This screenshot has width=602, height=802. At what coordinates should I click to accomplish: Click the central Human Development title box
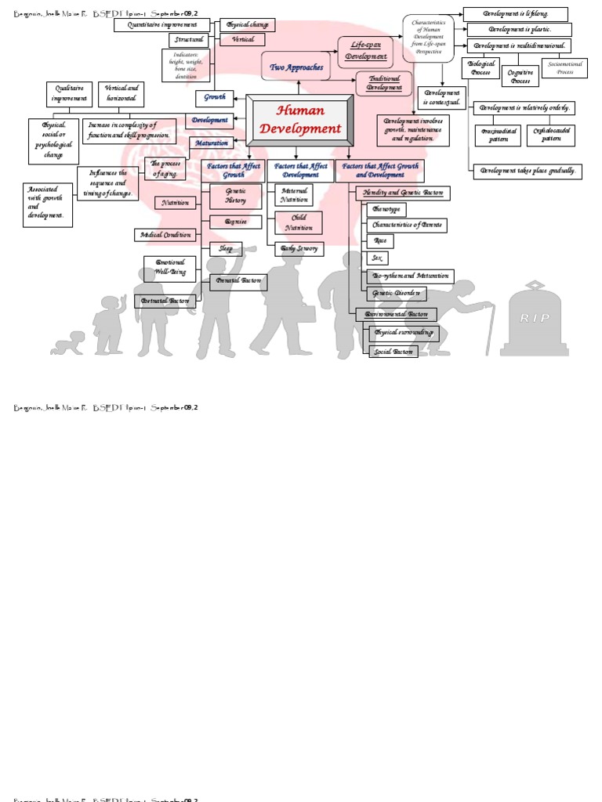[x=301, y=121]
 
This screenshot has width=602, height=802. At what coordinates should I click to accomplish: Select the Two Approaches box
[x=297, y=68]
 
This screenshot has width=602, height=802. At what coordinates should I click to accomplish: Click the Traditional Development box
[x=384, y=83]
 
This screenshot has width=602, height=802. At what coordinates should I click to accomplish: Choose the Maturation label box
[x=211, y=143]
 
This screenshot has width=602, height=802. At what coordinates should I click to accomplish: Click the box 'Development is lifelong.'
[x=515, y=13]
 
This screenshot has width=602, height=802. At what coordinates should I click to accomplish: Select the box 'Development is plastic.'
[x=519, y=30]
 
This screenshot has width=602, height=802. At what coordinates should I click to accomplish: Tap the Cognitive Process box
[x=520, y=76]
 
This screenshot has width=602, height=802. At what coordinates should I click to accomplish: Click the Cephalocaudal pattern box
[x=551, y=135]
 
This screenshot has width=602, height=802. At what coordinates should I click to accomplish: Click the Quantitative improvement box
[x=161, y=25]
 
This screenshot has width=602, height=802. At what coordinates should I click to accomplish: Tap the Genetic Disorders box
[x=396, y=294]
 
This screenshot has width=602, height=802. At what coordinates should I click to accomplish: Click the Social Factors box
[x=393, y=352]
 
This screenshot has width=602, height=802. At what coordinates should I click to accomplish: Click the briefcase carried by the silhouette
[x=305, y=312]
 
